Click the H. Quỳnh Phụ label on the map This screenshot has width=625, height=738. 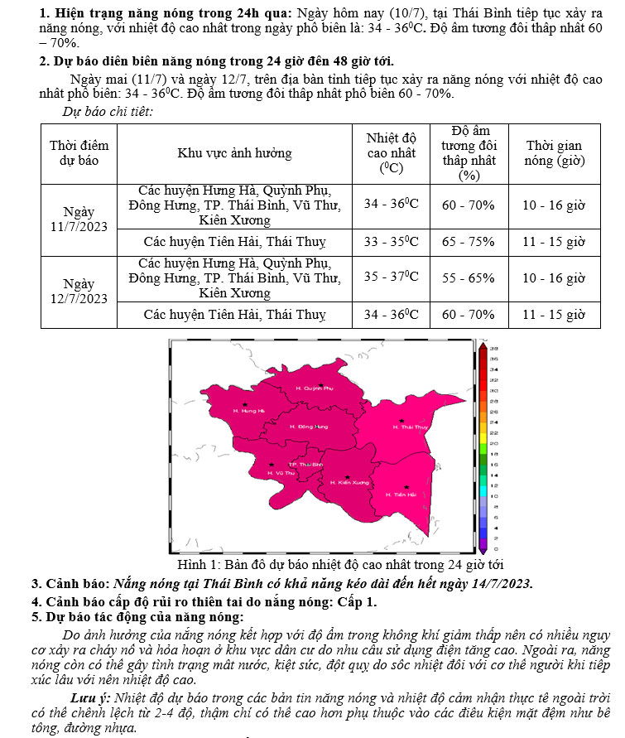coord(314,388)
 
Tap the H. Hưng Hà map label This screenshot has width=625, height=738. coord(248,411)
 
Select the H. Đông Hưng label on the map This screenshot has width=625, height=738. coord(310,427)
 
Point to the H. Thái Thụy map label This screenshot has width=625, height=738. coord(410,427)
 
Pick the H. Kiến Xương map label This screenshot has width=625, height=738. coord(349,483)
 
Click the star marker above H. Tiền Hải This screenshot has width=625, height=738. coord(406,487)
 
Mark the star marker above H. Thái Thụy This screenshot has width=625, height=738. coord(401,421)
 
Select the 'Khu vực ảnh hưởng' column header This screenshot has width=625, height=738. coord(234,153)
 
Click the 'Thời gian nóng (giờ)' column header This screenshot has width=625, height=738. coord(553,153)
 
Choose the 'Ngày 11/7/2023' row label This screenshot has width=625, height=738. coord(79,219)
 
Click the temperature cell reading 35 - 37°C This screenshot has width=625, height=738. coord(392,278)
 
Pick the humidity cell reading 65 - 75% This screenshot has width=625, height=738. coord(468,242)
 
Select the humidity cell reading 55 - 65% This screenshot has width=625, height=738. coord(468,278)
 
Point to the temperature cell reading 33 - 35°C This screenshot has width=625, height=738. coord(392,242)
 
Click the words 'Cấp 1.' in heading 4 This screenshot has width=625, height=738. coord(358,601)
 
